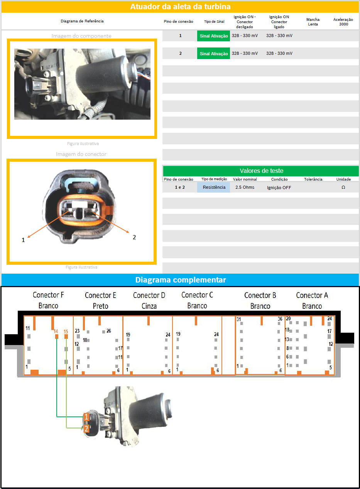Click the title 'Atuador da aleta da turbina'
[180, 7]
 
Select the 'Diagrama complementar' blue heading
[181, 280]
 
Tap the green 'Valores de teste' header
[261, 171]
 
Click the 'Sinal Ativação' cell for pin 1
[214, 36]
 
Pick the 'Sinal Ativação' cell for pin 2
[214, 54]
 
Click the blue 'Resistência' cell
[214, 187]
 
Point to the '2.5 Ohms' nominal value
[245, 187]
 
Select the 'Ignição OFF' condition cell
[279, 188]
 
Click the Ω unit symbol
[343, 187]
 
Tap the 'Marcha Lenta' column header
[313, 22]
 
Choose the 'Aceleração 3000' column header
[343, 22]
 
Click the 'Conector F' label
[48, 295]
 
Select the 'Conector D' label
[149, 295]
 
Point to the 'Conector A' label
[312, 295]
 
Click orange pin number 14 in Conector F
[56, 331]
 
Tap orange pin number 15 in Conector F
[66, 332]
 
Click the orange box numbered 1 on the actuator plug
[86, 417]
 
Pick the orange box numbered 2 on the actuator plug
[86, 428]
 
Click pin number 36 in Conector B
[280, 319]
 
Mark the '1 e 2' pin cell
[180, 187]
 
